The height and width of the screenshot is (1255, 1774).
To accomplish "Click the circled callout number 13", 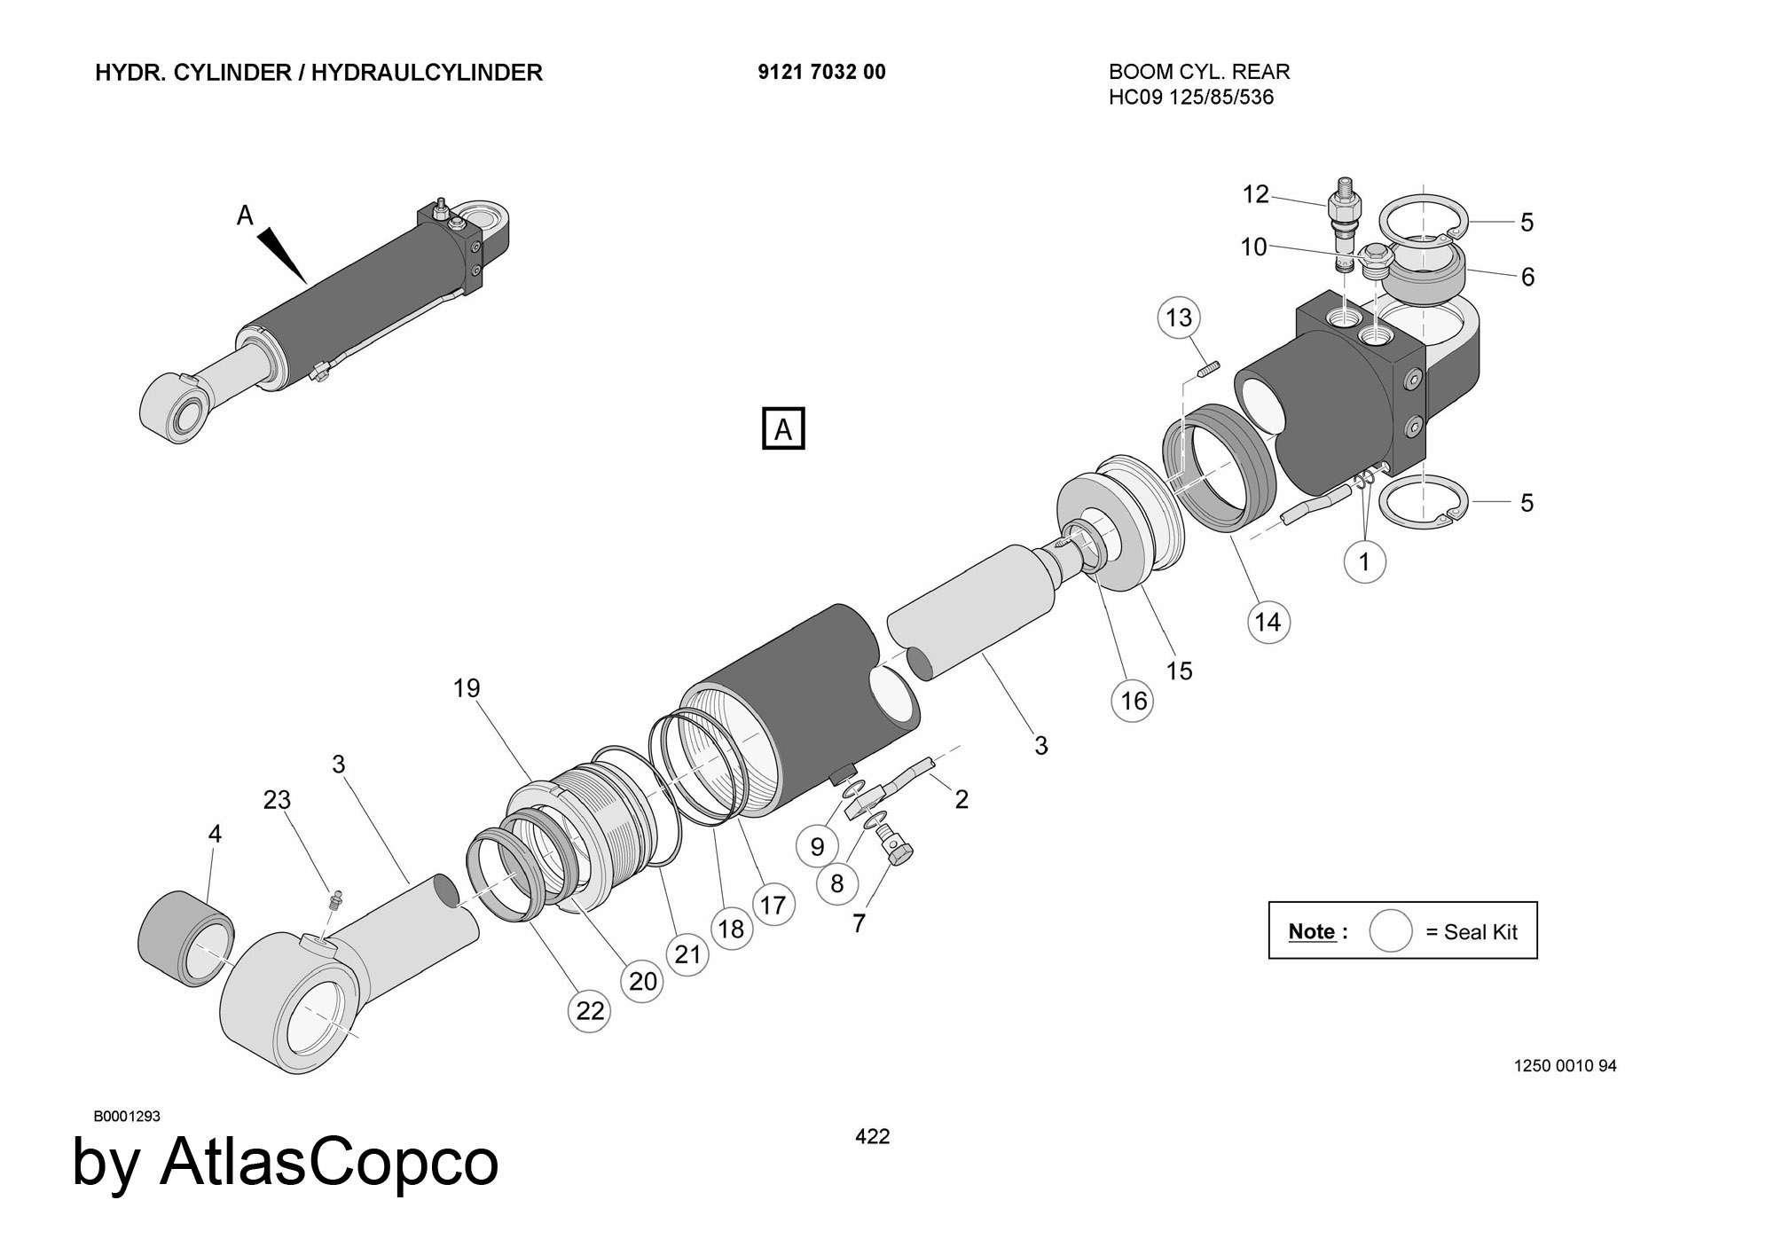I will pyautogui.click(x=1179, y=318).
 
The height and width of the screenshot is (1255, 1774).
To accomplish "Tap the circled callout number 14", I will pyautogui.click(x=1268, y=622).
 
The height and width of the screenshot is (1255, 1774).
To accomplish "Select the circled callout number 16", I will pyautogui.click(x=1134, y=702).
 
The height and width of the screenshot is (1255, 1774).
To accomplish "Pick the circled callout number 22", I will pyautogui.click(x=590, y=1010).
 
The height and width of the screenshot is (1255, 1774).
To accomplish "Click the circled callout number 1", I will pyautogui.click(x=1364, y=561).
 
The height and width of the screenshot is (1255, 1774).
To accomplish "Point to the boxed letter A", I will pyautogui.click(x=783, y=429).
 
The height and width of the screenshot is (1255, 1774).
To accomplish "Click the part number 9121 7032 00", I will pyautogui.click(x=821, y=72).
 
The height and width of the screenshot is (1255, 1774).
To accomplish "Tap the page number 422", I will pyautogui.click(x=872, y=1136).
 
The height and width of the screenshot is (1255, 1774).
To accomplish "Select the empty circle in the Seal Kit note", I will pyautogui.click(x=1390, y=931).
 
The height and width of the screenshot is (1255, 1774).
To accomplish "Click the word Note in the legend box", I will pyautogui.click(x=1311, y=931).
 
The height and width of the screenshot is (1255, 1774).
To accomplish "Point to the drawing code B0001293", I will pyautogui.click(x=127, y=1116).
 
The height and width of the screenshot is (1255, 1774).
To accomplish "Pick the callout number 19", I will pyautogui.click(x=467, y=688).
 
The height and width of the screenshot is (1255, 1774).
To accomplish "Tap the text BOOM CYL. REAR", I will pyautogui.click(x=1199, y=72).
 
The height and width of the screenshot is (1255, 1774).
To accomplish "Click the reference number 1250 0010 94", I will pyautogui.click(x=1565, y=1065).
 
